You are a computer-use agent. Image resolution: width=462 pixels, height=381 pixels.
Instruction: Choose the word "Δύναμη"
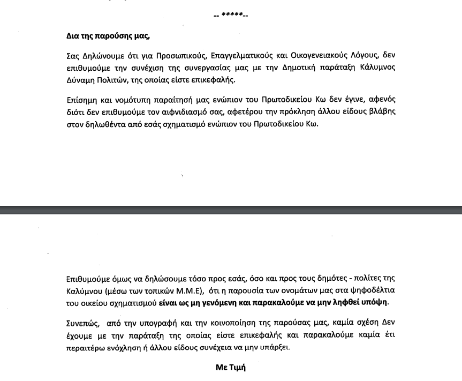79,81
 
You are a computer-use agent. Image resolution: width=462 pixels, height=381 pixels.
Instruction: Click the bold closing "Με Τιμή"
231,368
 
